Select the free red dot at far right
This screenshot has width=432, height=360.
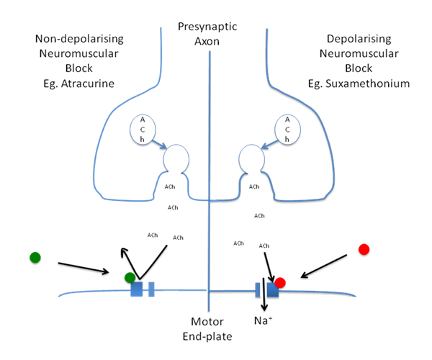point(364,249)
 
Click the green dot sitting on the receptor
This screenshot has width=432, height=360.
point(129,278)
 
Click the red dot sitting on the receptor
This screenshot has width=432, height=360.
point(280,283)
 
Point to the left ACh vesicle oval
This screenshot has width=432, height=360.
point(143,130)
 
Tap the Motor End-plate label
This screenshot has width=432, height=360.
point(211,328)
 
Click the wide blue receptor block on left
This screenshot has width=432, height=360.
point(137,289)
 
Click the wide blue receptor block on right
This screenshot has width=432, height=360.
point(272,289)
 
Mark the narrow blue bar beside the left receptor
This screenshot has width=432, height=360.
point(151,289)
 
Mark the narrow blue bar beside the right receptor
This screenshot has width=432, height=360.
point(257,289)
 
